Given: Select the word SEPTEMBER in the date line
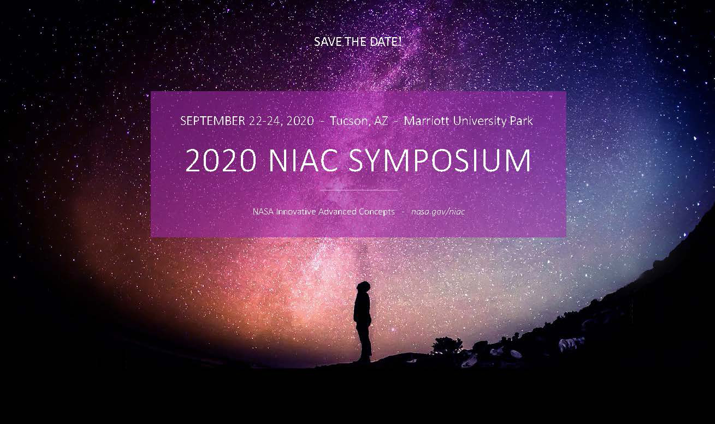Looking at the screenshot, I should (x=212, y=121).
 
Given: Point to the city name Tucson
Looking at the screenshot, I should (x=350, y=121).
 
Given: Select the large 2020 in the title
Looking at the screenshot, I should (x=220, y=160).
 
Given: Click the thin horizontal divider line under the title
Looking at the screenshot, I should (x=358, y=190).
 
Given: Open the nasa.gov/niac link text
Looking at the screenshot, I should (x=438, y=212).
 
